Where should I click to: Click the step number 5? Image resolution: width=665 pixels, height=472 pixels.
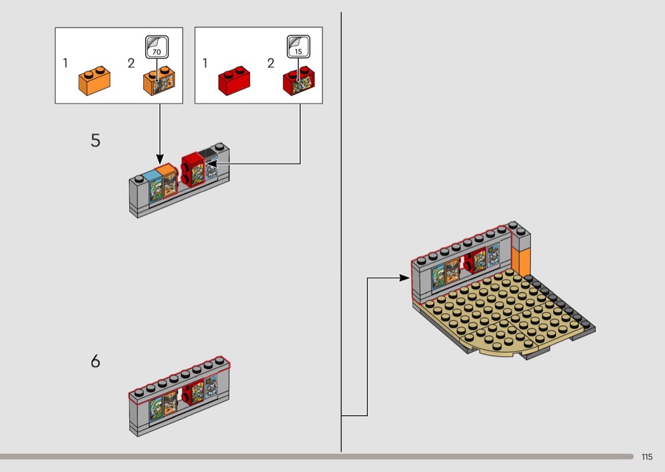click(95, 140)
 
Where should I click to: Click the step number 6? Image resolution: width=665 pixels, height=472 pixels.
click(95, 361)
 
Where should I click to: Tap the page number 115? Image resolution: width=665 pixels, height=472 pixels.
click(646, 457)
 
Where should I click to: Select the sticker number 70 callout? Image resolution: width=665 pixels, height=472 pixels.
click(157, 47)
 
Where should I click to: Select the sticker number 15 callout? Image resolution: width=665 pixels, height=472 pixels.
click(298, 47)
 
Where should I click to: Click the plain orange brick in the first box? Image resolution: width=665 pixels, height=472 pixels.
click(94, 80)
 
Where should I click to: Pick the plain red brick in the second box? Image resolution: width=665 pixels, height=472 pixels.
click(234, 81)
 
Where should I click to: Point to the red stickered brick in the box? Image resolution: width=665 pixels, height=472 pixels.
click(300, 80)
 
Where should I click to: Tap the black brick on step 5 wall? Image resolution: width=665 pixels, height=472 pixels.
click(208, 155)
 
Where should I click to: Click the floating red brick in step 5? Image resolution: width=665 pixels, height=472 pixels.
click(189, 168)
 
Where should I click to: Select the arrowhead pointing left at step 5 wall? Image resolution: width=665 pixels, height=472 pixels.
click(212, 164)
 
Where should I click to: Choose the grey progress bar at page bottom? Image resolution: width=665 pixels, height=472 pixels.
click(317, 456)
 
